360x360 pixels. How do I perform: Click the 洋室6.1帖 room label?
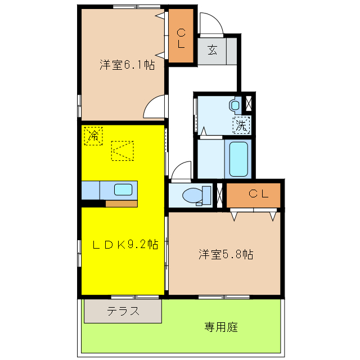[x=128, y=65]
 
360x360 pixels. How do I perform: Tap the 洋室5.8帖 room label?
[x=225, y=254]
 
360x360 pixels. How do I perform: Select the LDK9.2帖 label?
[x=125, y=245]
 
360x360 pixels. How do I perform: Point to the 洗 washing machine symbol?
[x=241, y=125]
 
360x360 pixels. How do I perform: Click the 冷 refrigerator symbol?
[x=93, y=136]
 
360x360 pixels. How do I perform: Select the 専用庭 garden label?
[x=220, y=327]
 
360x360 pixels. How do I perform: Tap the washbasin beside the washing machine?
[x=235, y=105]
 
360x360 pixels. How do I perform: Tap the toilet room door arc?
[x=182, y=170]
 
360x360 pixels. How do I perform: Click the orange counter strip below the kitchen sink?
[x=121, y=203]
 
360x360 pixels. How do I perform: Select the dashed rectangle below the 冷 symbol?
[x=123, y=150]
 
